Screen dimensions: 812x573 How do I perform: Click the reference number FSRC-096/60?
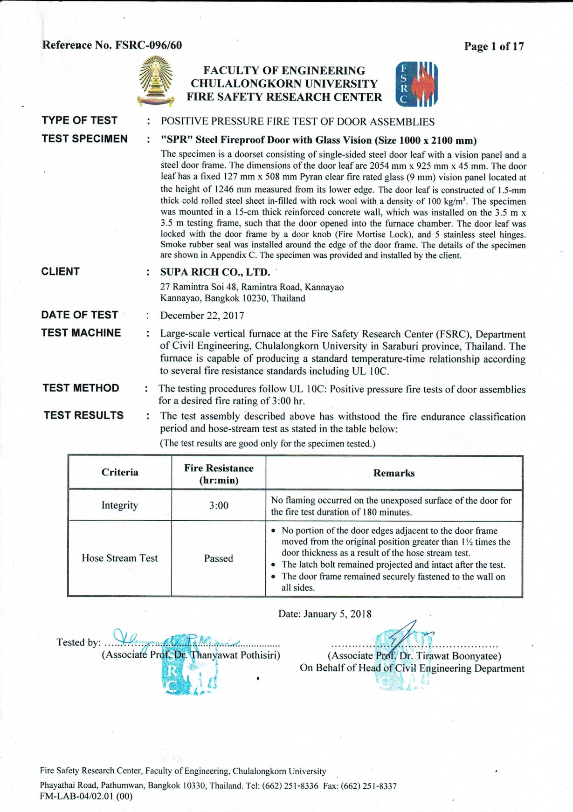point(148,45)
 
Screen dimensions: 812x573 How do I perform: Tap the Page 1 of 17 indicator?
point(494,46)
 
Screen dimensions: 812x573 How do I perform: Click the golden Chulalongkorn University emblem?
point(156,81)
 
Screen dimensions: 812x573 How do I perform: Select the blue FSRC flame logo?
point(416,84)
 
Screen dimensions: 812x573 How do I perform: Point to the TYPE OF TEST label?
point(79,120)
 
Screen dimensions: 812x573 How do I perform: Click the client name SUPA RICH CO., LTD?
point(215,272)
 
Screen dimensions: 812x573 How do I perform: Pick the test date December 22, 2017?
point(202,316)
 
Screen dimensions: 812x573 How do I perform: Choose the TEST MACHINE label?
point(81,333)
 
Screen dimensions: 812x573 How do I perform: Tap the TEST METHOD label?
point(81,388)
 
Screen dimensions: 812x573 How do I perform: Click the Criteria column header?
point(120,472)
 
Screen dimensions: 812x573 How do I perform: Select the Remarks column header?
point(394,473)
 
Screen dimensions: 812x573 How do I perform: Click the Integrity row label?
point(120,505)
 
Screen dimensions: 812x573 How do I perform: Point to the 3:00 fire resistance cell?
point(218,505)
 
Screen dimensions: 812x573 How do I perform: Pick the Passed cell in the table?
point(218,558)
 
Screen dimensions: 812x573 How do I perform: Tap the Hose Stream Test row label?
point(120,558)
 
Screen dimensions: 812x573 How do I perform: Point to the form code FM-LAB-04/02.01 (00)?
point(86,796)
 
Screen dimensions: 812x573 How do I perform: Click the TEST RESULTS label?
point(83,415)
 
